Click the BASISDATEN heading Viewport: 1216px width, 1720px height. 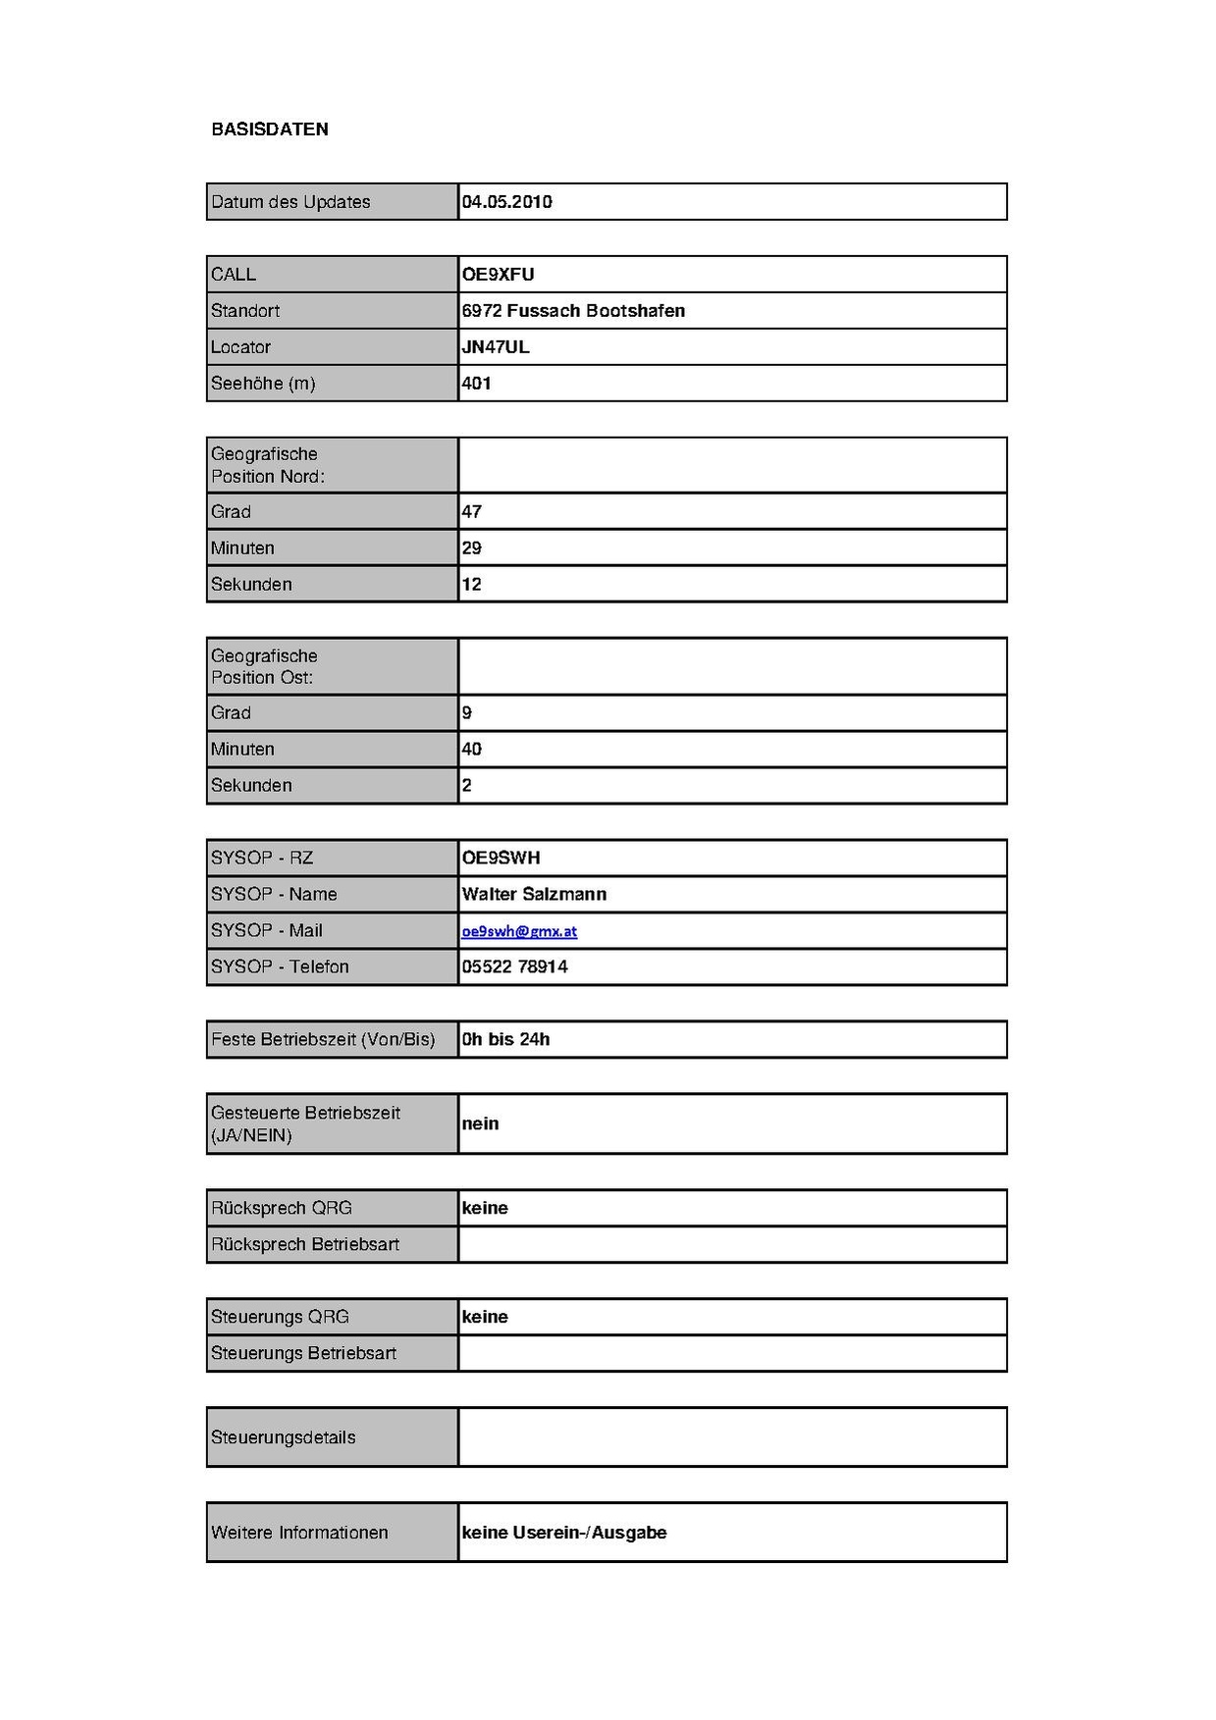(x=270, y=130)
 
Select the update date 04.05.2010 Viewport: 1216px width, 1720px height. (x=506, y=202)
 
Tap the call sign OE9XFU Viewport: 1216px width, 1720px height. (x=498, y=275)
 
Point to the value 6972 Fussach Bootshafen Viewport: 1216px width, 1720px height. (x=573, y=311)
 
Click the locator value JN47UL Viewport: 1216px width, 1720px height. (x=496, y=347)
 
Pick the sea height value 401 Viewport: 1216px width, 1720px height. (x=476, y=384)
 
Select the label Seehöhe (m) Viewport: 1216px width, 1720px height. (x=263, y=384)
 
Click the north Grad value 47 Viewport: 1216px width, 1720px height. (x=472, y=512)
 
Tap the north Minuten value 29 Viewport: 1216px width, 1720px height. (x=472, y=548)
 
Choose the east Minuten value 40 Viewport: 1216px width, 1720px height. (x=472, y=750)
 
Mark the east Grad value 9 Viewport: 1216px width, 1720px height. (x=467, y=713)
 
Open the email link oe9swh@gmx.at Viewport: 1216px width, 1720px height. (x=519, y=931)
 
